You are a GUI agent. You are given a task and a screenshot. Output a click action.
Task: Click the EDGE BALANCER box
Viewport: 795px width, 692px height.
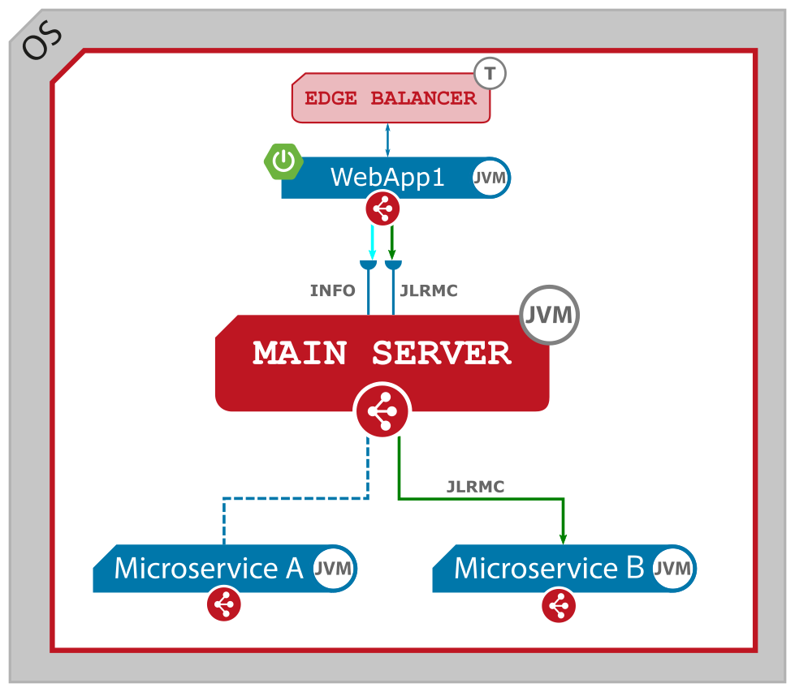391,99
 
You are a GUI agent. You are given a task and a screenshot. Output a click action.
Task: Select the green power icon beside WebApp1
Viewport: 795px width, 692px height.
283,162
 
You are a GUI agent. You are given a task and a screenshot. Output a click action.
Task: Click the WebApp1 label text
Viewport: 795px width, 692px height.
387,177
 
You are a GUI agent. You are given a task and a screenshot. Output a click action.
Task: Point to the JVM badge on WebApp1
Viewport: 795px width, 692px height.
489,178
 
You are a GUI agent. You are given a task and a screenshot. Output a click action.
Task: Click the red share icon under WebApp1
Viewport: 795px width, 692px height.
382,208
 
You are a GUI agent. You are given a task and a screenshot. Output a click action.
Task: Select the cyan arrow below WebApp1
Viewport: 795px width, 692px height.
373,242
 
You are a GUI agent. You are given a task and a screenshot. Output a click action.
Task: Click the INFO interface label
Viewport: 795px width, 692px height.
332,290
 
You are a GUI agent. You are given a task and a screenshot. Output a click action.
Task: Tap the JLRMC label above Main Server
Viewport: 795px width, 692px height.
429,290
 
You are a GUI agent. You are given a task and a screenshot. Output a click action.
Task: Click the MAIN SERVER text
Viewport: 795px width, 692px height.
382,354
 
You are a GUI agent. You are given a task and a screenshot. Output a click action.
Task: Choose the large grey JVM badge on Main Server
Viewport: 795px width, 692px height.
550,315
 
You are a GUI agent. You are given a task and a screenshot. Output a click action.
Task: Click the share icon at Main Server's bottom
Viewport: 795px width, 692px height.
382,411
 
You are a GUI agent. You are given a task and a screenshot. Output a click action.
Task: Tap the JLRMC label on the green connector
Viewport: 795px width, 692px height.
475,487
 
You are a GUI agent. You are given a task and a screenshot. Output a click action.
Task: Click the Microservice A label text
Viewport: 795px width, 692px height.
208,568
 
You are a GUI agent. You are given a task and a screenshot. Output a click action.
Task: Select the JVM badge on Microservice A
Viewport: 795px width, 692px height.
333,568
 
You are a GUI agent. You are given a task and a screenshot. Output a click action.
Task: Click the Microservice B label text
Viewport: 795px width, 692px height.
548,568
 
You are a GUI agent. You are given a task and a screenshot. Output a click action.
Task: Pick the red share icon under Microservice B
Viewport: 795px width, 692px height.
558,605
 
